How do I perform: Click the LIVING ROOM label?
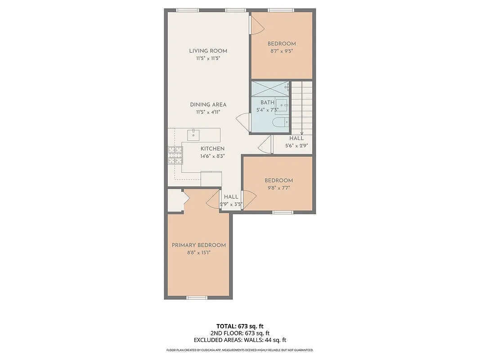point(208,51)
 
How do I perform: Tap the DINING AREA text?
point(208,104)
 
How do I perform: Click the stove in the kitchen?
point(175,155)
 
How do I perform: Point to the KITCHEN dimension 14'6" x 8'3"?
point(212,156)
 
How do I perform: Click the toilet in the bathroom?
point(280,122)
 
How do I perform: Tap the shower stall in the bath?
point(269,89)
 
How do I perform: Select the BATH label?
point(267,103)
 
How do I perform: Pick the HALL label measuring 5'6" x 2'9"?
point(296,139)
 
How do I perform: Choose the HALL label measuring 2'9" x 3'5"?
point(231,197)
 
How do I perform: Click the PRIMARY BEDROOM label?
point(198,245)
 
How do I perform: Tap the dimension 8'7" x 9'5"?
point(282,51)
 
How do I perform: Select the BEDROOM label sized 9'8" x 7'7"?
point(278,180)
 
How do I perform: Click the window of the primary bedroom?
point(197,297)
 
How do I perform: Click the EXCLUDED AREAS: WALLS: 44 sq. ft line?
point(240,340)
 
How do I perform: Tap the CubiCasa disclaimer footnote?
point(240,350)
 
